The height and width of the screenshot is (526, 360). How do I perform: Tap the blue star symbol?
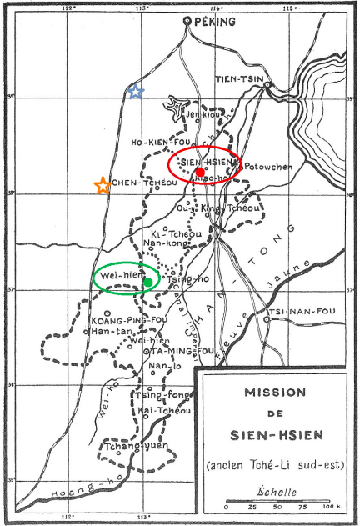pos(136,92)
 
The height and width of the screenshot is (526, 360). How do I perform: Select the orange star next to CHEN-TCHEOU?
pos(102,186)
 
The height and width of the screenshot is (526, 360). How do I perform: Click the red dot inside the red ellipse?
pos(200,172)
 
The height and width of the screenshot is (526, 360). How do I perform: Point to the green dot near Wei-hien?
pos(147,282)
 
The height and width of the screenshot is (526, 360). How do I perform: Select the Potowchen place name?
pos(267,167)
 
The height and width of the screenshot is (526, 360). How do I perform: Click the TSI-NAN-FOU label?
pos(297,313)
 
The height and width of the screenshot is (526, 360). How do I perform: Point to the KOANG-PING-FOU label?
pos(117,319)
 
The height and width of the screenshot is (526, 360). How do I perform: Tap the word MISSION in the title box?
pos(274,392)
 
